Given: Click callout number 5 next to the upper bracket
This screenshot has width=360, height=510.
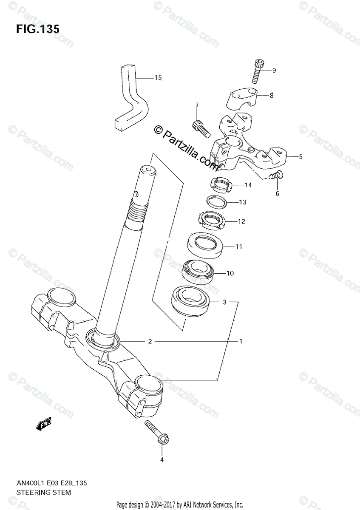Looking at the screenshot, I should click(300, 157).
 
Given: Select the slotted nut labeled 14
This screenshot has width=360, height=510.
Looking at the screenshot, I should click(221, 184).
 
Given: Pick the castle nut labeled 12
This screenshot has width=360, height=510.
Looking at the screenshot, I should click(211, 220).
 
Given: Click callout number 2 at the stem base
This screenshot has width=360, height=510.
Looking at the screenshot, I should click(150, 341).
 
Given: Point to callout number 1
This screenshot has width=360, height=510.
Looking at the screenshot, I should click(241, 341).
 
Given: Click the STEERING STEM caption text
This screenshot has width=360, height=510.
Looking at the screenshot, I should click(44, 493).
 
